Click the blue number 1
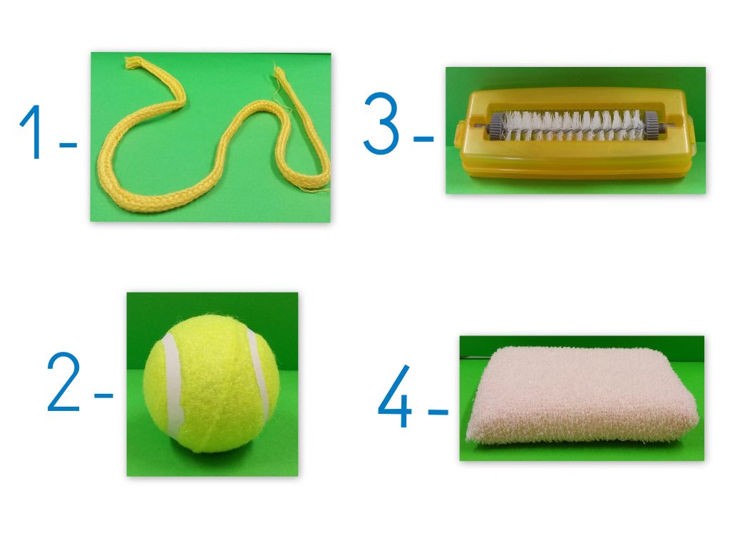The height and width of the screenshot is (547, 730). pos(33,132)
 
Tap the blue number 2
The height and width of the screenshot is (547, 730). pos(63,382)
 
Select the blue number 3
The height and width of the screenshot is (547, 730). pos(381,123)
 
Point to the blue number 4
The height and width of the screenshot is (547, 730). pos(395,396)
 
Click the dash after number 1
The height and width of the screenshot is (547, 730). pos(68,145)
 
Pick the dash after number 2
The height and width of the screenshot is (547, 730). pos(104,396)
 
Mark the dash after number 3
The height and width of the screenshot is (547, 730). pos(423,138)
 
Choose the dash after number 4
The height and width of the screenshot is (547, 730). pos(438,412)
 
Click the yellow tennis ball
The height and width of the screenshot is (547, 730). pos(212,384)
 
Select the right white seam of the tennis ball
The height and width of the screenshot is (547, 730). pos(259,375)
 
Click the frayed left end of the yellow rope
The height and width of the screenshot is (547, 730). pos(133,63)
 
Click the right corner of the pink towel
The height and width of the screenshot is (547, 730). pos(697,416)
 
